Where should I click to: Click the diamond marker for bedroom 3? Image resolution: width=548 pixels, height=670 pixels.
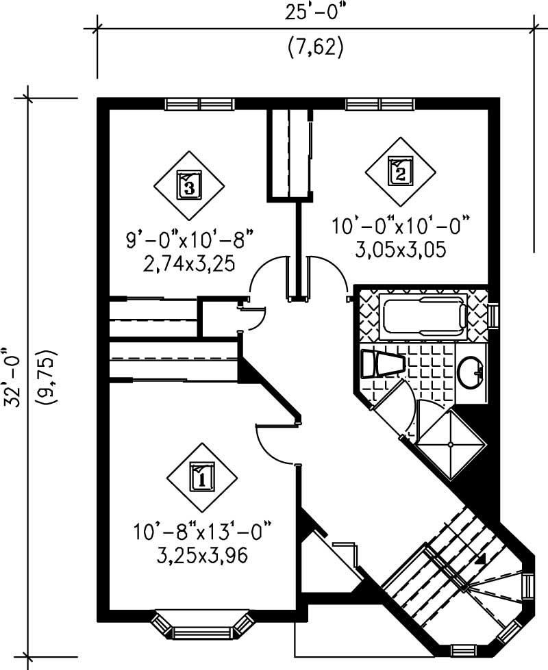pyautogui.click(x=189, y=183)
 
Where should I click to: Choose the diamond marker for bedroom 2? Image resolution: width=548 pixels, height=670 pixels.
pyautogui.click(x=401, y=170)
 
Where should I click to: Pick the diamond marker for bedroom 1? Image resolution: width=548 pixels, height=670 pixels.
pyautogui.click(x=202, y=476)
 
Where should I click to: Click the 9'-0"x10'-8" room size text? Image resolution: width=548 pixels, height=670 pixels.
pyautogui.click(x=189, y=242)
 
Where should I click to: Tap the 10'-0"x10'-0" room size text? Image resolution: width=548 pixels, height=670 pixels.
pyautogui.click(x=401, y=226)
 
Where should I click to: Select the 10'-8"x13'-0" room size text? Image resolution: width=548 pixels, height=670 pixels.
pyautogui.click(x=202, y=530)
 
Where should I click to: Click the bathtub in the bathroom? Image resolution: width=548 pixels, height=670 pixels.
pyautogui.click(x=425, y=317)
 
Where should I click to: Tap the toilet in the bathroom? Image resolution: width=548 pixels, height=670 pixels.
pyautogui.click(x=381, y=363)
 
